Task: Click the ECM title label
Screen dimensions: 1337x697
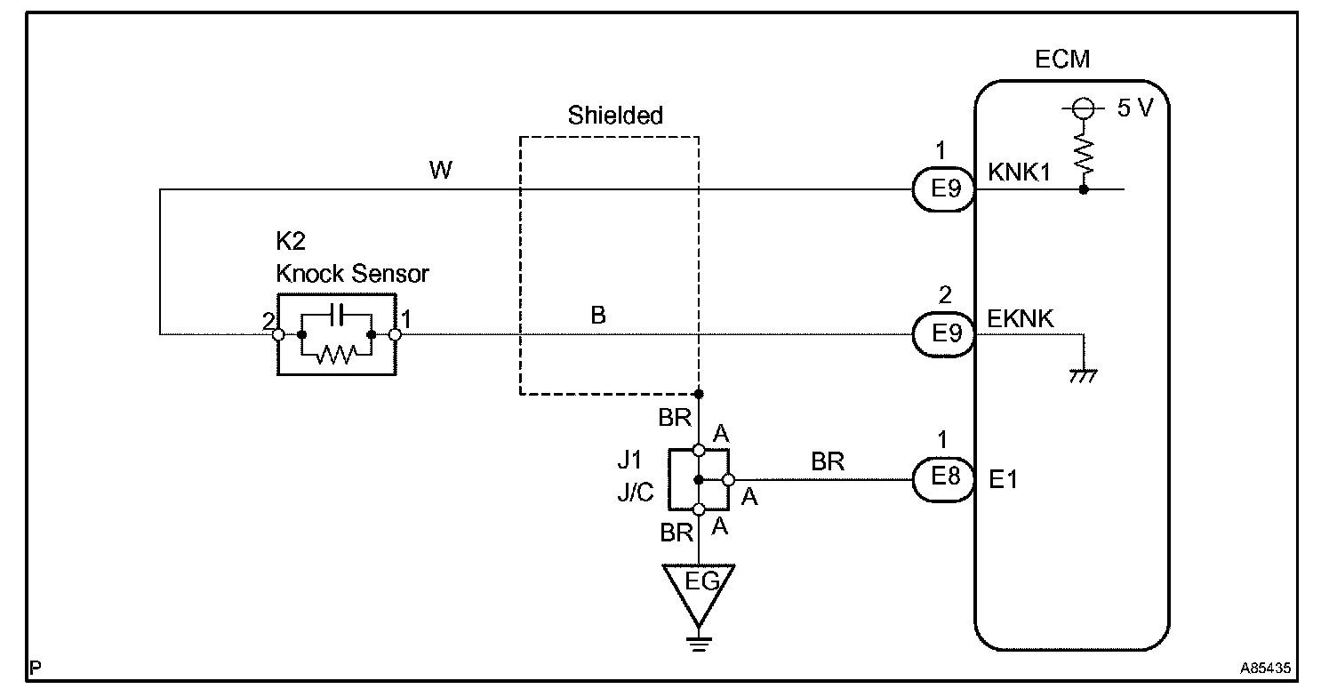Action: pos(1061,59)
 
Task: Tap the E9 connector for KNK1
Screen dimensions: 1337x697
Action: pos(944,189)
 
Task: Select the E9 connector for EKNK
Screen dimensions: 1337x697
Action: pos(944,334)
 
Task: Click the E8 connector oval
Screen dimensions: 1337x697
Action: pos(944,479)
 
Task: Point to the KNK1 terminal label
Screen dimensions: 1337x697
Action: pos(1019,172)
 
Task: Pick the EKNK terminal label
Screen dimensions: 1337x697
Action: pos(1020,318)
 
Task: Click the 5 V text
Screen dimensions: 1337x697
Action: pos(1135,108)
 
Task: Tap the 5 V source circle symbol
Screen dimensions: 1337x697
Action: pos(1084,109)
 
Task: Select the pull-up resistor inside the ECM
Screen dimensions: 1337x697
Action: pos(1084,154)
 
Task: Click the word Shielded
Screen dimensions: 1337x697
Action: pos(615,116)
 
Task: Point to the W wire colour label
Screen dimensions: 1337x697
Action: pos(441,170)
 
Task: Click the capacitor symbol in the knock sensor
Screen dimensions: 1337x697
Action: pos(338,315)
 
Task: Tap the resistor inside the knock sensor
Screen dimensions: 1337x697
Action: pos(337,355)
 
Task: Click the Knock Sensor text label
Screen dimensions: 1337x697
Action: pos(352,274)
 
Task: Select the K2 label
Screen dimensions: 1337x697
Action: pos(291,241)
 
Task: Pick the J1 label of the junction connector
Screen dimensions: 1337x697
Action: pos(629,461)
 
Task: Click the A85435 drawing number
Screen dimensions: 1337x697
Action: pos(1265,668)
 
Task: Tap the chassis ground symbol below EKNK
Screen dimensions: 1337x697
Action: pos(1084,376)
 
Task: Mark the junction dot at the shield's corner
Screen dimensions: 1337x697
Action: pos(699,394)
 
